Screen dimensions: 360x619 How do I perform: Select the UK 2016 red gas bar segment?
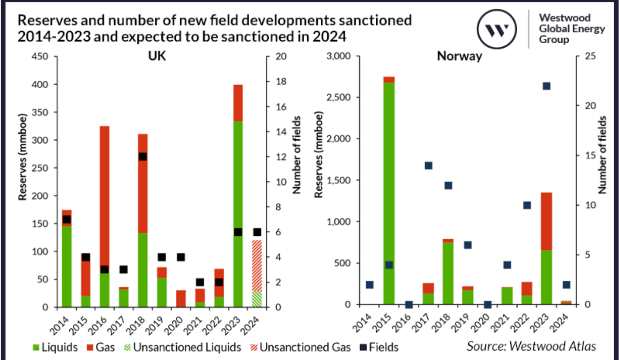coord(104,195)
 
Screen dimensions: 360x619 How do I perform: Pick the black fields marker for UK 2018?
coord(142,157)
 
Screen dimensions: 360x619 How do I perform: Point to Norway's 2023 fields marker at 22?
coord(547,86)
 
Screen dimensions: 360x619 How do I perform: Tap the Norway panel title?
coord(459,57)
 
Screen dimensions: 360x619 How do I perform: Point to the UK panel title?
coord(161,57)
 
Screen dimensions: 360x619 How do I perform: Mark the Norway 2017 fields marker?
coord(429,166)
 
